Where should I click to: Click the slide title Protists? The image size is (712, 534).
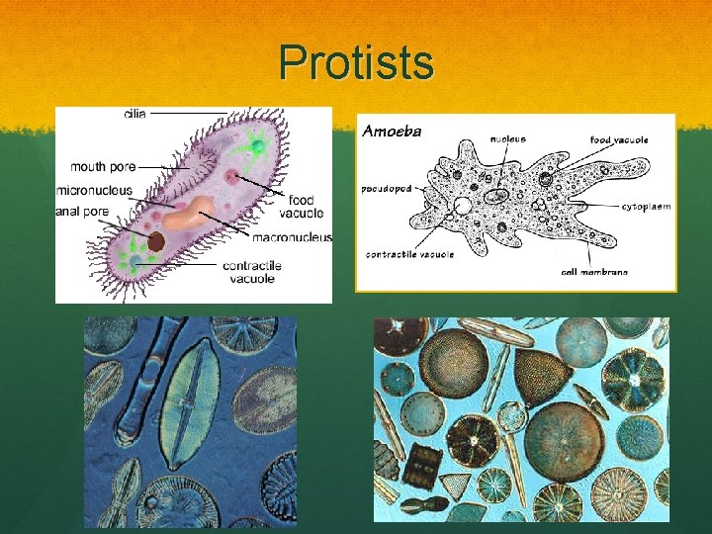[x=356, y=63]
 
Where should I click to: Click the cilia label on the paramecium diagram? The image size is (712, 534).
[x=135, y=114]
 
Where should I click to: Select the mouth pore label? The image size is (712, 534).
[x=103, y=166]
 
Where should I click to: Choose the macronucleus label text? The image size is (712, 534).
[x=292, y=237]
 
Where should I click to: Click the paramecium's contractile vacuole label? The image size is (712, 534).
[x=252, y=272]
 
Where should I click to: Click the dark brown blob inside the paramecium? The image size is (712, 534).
[x=155, y=242]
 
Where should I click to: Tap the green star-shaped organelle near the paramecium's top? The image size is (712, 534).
[x=257, y=147]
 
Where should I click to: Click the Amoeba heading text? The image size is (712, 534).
[x=392, y=131]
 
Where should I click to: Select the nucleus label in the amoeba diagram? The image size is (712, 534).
[x=509, y=139]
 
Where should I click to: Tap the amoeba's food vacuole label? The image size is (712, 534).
[x=619, y=140]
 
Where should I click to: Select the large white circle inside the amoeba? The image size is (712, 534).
[x=462, y=207]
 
